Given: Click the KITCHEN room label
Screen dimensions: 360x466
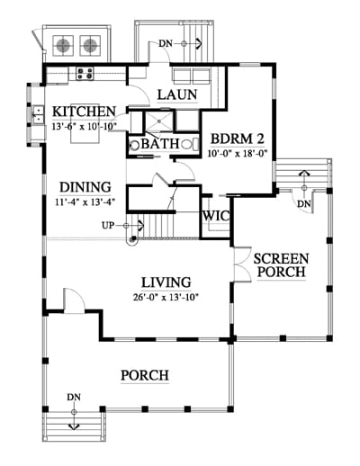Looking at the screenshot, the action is pos(84,112).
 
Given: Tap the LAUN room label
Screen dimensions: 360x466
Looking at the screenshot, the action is pos(177,94).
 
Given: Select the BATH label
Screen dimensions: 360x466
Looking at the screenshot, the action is pos(160,144).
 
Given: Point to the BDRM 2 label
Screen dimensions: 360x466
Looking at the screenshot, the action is pos(237,139).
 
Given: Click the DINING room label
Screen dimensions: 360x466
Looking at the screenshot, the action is pos(85,187).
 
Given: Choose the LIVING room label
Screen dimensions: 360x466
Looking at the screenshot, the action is pos(166,282).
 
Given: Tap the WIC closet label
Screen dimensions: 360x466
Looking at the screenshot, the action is pos(216,216).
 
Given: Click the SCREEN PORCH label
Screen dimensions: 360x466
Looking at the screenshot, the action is pos(281,265).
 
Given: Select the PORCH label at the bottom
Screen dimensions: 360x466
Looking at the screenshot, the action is pos(145,375).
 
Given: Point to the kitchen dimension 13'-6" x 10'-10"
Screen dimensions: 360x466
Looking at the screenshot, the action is pos(84,126).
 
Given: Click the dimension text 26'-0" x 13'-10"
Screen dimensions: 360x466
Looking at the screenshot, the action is pos(166,297).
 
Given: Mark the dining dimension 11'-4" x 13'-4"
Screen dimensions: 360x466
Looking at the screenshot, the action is pos(85,202).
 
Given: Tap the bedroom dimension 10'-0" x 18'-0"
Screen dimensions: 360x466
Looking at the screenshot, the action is pos(238,154).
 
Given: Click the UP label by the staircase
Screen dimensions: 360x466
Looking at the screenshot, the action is pos(108,225).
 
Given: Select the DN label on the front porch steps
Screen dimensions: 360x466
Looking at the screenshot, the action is pos(74,398).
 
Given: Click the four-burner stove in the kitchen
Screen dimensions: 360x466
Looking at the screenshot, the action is pos(85,74).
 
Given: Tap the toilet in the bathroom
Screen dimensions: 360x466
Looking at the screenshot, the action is pos(190,145).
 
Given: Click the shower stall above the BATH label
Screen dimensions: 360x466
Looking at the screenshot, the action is pos(159,121).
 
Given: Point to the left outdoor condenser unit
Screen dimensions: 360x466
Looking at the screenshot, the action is pos(63,46).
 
